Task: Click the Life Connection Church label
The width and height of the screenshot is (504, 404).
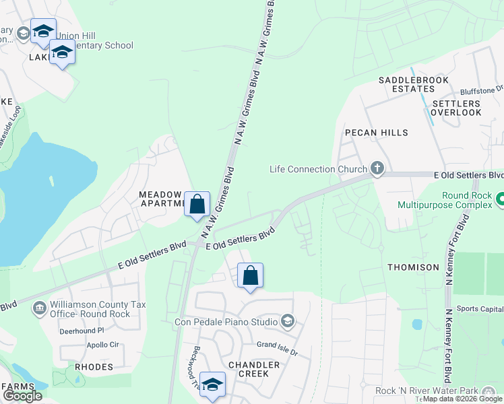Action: pos(318,169)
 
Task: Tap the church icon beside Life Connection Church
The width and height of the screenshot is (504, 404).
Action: pos(377,169)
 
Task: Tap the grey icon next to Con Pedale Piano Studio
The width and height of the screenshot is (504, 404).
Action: pos(288,320)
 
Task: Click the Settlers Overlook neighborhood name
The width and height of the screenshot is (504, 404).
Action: pos(456,108)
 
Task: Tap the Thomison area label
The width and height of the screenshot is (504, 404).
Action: pos(413,267)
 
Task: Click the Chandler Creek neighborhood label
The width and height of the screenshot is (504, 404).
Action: pos(253,369)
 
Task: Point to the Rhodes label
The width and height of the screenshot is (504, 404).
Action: pos(94,367)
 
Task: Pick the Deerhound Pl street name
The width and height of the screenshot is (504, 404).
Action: pos(82,331)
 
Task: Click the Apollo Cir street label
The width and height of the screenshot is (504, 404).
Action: pos(102,344)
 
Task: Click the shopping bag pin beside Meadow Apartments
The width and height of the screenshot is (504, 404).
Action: pos(197,204)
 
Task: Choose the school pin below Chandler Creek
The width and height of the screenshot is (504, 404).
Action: pos(212,385)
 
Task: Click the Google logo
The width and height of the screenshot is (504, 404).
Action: pos(22,395)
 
